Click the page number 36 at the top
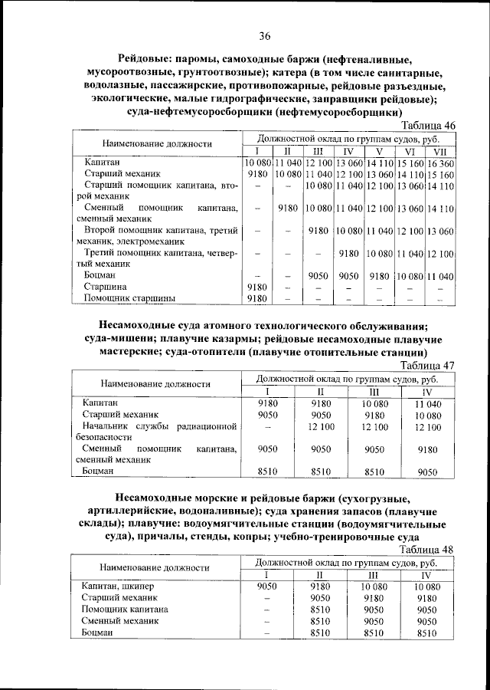click(265, 36)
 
